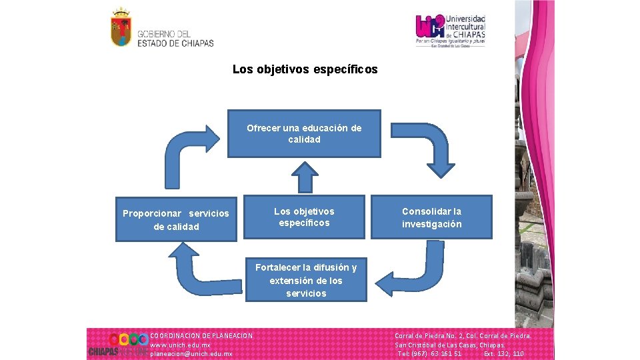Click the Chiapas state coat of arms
click(x=121, y=27)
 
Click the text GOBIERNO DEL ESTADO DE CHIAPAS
click(x=175, y=39)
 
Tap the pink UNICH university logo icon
click(x=430, y=27)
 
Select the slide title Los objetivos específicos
click(x=305, y=69)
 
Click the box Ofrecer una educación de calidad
click(x=304, y=133)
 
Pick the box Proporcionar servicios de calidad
click(x=176, y=219)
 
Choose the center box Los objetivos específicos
click(x=304, y=217)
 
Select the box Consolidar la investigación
click(x=431, y=217)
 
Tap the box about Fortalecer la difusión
click(x=305, y=280)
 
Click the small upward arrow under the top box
click(x=305, y=177)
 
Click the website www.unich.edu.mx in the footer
click(x=181, y=345)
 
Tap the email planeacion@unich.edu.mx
click(x=191, y=354)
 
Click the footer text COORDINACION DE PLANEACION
click(x=201, y=335)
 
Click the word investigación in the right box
click(x=431, y=224)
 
